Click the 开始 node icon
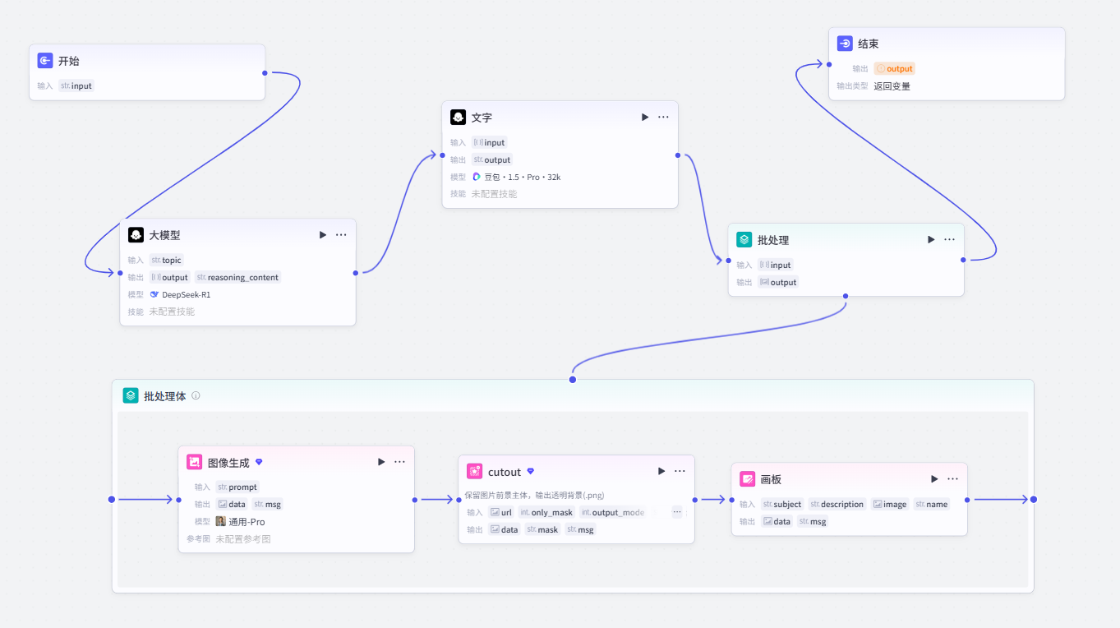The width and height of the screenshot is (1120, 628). [45, 61]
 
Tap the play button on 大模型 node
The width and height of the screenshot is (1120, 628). [323, 235]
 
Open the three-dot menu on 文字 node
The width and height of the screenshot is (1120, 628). [663, 117]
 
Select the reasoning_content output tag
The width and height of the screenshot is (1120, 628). [237, 277]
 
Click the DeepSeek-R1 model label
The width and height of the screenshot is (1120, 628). [186, 294]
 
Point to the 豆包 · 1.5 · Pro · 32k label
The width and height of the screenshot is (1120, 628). [522, 177]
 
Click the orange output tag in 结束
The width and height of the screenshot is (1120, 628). [895, 68]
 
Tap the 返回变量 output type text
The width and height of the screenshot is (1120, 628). [892, 86]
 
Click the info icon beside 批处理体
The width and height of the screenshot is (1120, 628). [196, 395]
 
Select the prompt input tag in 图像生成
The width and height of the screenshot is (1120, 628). [237, 487]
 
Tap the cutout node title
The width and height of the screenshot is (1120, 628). [504, 472]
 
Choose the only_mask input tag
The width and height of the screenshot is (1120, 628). [546, 512]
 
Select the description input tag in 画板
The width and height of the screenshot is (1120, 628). [837, 504]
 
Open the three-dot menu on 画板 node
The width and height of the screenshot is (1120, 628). [953, 479]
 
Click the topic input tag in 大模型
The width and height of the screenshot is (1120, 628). [167, 260]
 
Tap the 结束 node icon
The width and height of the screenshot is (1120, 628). [845, 44]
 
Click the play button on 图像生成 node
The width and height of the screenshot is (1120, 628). [381, 462]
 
